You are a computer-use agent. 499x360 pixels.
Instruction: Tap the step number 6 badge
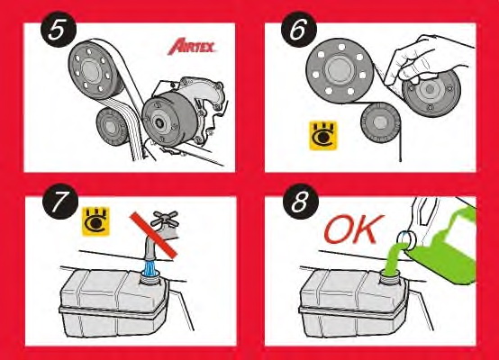pos(295,33)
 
